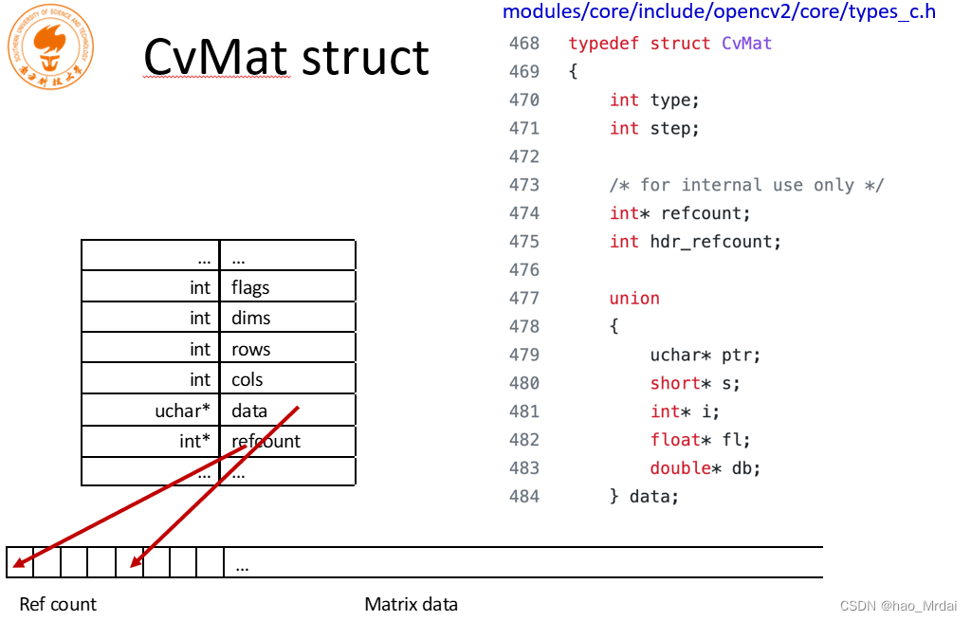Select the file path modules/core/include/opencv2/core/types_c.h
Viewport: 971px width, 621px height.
pos(719,11)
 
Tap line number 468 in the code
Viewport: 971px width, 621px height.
pos(523,44)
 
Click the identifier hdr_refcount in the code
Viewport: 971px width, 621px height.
pos(716,242)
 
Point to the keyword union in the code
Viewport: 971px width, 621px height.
pos(634,299)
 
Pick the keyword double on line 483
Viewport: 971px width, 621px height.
pos(680,468)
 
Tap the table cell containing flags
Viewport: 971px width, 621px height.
pos(287,287)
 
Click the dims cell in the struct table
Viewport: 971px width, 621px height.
pos(287,318)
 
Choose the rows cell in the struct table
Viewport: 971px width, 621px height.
pos(287,349)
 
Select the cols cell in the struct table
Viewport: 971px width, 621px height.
pos(287,379)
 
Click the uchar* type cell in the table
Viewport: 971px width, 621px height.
pos(151,411)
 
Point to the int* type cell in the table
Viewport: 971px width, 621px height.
pos(151,441)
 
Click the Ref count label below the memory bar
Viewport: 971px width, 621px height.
pos(58,604)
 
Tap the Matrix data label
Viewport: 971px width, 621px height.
pos(411,604)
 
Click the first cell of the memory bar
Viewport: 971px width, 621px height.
pos(19,562)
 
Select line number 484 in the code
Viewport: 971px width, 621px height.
pos(523,496)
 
